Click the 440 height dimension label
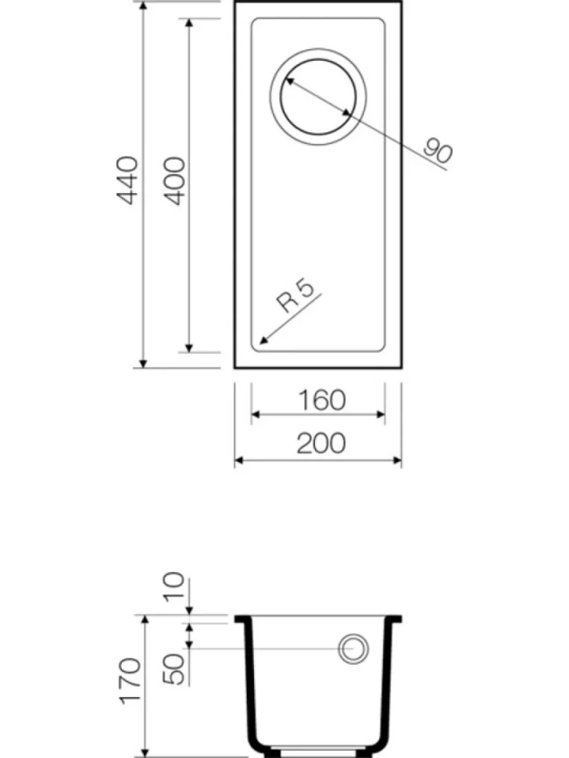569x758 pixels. [127, 180]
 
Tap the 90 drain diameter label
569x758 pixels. [438, 150]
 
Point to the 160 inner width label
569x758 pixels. [322, 400]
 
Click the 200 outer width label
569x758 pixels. [321, 443]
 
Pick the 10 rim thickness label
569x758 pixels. [174, 587]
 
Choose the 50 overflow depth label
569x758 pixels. [175, 669]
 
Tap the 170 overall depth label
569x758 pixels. [131, 681]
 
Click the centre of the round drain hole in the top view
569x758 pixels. [318, 97]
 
